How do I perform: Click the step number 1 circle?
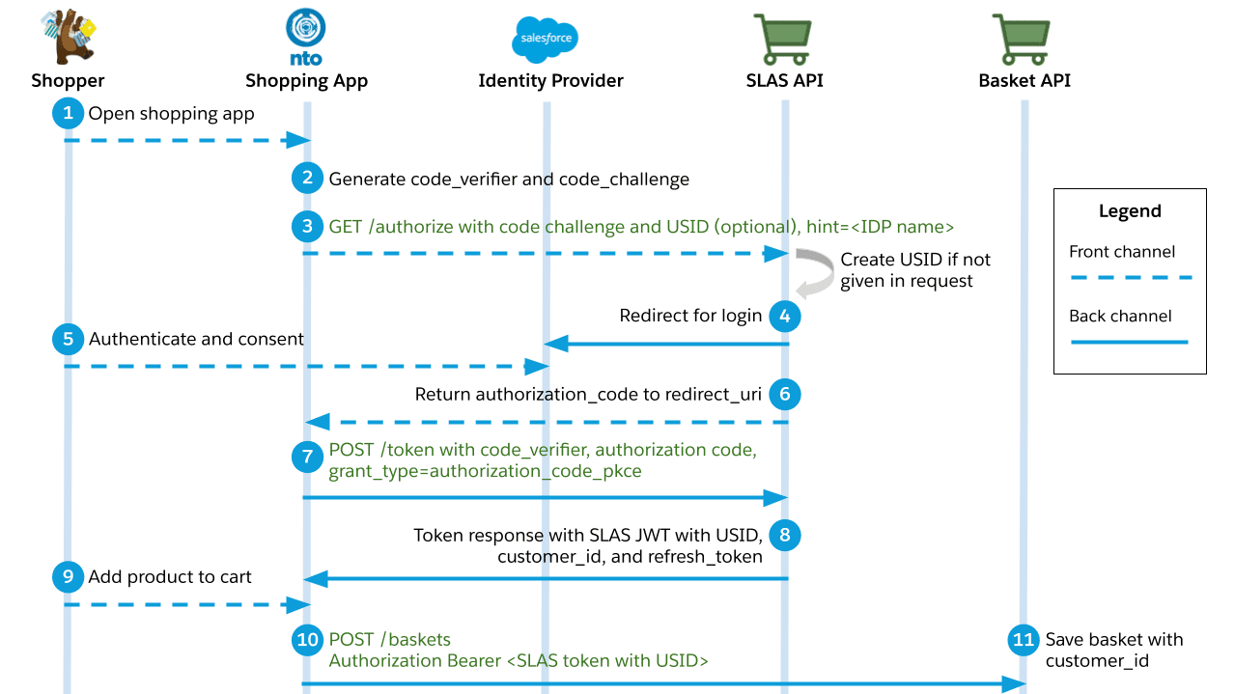68,114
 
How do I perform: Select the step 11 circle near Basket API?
1024,640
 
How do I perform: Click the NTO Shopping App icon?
306,37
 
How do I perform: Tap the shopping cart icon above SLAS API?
784,39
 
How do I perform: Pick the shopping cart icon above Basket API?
1024,39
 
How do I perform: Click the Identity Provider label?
550,81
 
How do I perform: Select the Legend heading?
1130,211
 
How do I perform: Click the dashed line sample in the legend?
1130,277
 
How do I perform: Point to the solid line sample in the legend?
1130,342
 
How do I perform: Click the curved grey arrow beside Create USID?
817,272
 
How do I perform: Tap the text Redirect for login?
690,316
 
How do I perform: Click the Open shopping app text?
171,114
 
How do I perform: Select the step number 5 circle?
68,340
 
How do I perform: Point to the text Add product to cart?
170,577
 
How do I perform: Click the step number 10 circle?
307,640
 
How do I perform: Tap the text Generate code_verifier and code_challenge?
509,179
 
